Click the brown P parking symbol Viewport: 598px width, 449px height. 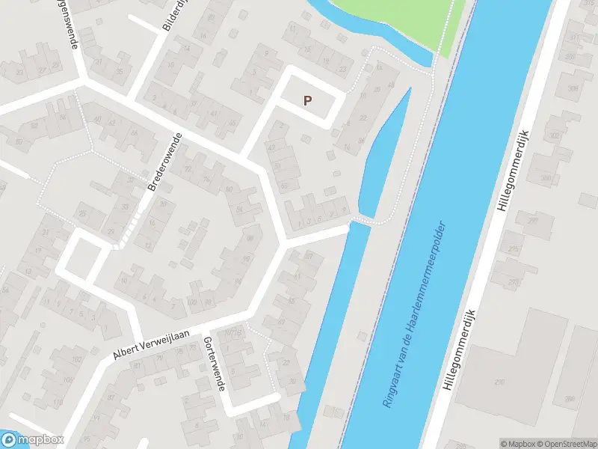point(307,100)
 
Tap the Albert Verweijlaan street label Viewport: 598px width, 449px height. point(152,344)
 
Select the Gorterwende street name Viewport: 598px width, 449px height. point(214,364)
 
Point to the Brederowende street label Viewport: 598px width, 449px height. point(165,162)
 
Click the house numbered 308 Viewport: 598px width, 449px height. point(573,88)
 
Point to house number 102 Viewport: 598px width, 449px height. point(75,359)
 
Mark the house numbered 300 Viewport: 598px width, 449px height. point(546,178)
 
